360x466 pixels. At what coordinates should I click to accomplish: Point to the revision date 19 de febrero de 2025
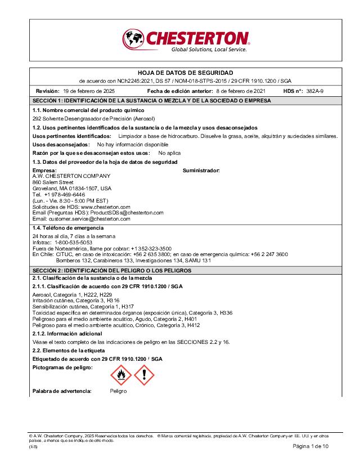point(89,91)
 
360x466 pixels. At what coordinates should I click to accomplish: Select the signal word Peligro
point(118,391)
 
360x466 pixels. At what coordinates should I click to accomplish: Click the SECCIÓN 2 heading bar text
point(112,271)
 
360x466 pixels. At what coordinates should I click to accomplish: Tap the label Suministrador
point(201,170)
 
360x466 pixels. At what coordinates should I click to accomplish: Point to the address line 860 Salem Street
point(53,182)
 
